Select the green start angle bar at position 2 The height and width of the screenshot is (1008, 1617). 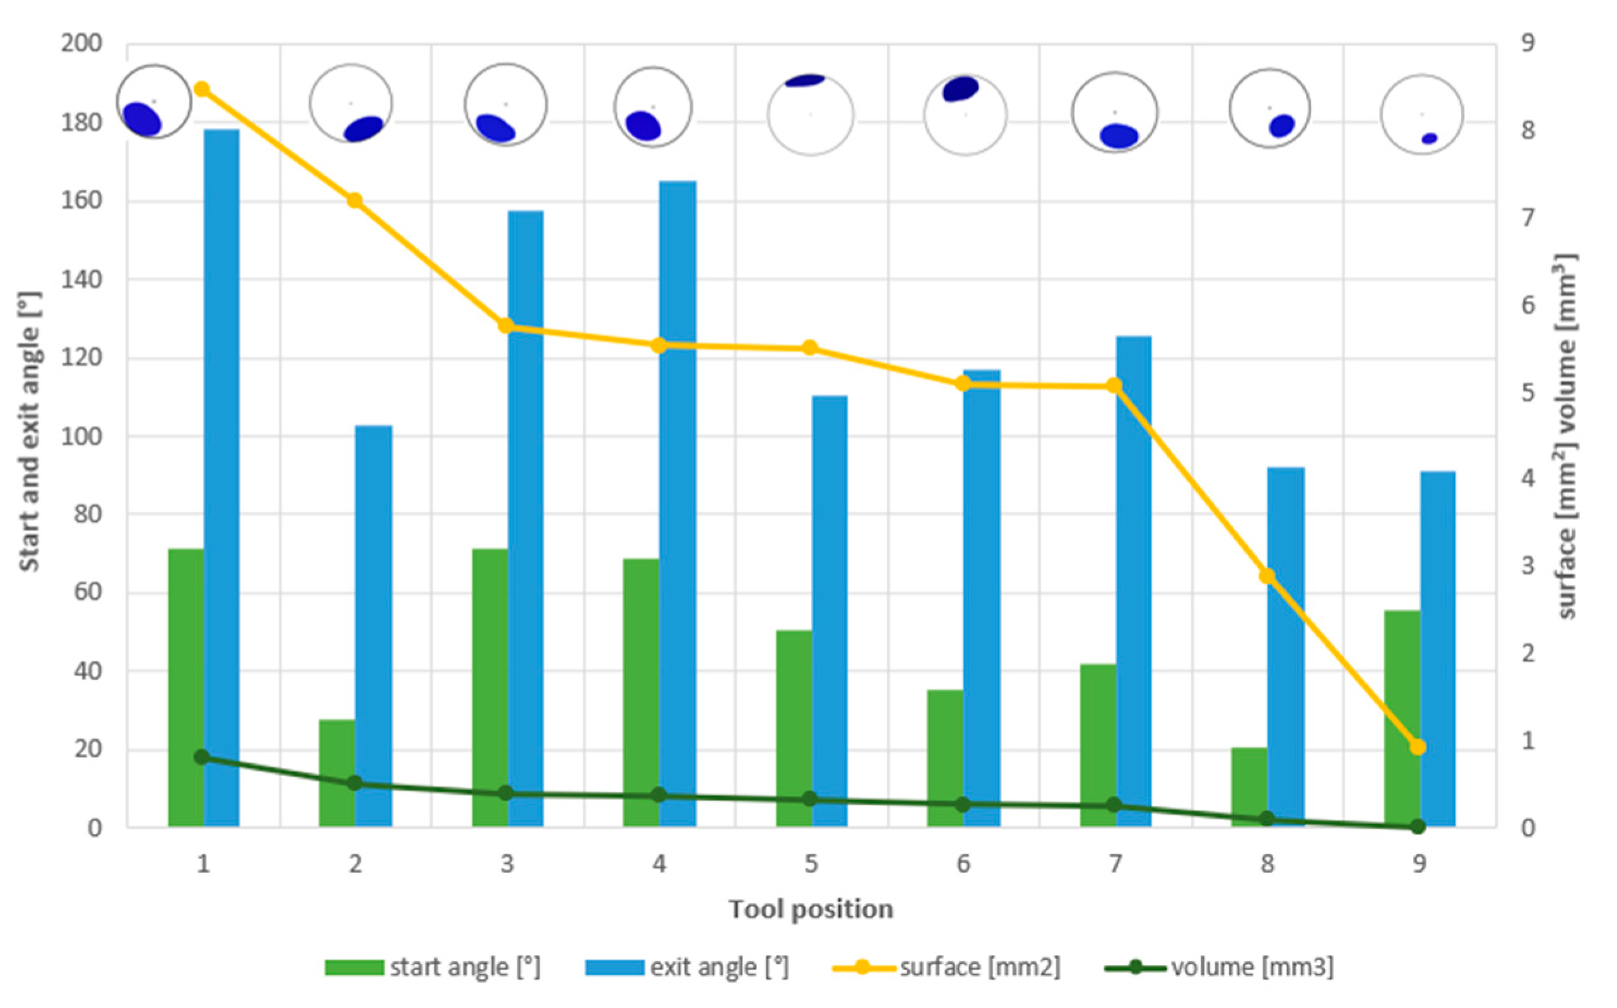coord(337,773)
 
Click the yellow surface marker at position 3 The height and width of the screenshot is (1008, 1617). coord(506,326)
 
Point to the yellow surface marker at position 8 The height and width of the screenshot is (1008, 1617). coord(1267,576)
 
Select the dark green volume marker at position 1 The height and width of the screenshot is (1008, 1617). coord(202,757)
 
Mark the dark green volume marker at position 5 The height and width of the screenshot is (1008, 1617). coord(809,799)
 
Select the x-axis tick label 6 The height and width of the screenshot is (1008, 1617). coord(963,865)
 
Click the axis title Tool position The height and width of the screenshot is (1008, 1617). coord(810,910)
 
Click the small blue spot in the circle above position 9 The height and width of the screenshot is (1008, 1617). coord(1429,139)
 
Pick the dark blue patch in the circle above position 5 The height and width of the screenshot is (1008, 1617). coord(805,81)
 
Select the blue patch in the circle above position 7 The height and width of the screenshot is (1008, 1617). coord(1118,136)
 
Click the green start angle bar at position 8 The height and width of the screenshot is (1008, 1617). coord(1249,787)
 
